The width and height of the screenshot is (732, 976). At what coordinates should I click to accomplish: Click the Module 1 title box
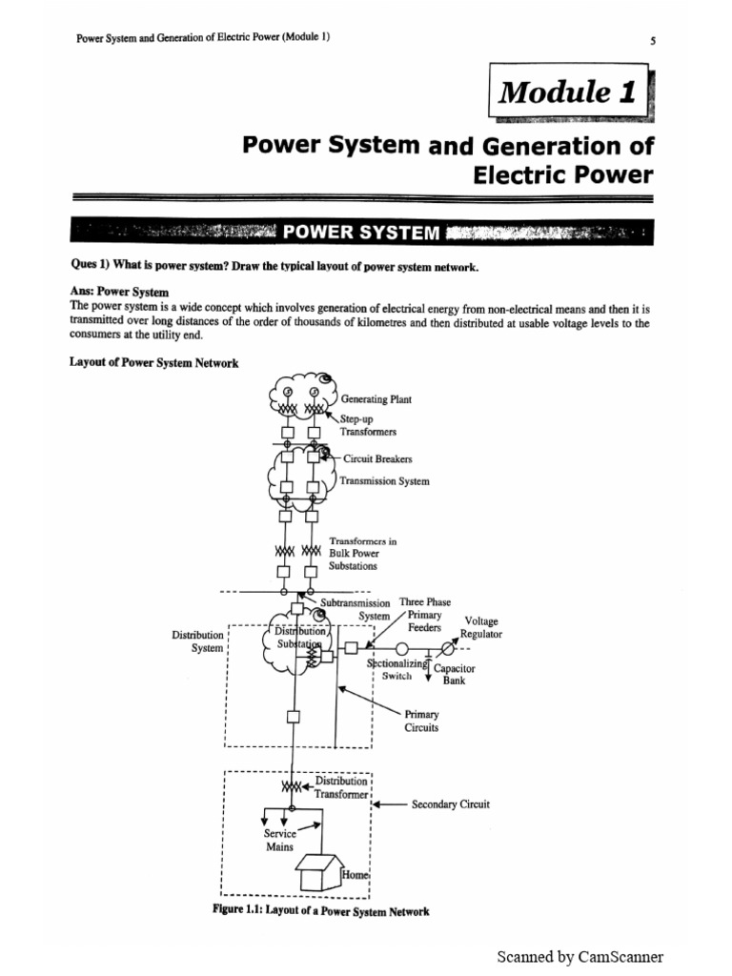tap(569, 92)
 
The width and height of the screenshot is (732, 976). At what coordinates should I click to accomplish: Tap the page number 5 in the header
tap(651, 40)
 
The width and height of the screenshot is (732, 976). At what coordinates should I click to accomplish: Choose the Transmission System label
tap(384, 481)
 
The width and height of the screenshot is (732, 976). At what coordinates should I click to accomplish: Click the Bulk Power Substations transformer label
tap(362, 553)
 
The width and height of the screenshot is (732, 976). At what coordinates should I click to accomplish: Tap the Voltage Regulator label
tap(480, 627)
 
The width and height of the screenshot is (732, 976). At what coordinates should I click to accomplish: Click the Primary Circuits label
tap(421, 720)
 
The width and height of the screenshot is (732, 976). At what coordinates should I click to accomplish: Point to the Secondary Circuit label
tap(450, 804)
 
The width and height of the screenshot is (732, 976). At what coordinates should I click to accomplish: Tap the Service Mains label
tap(279, 840)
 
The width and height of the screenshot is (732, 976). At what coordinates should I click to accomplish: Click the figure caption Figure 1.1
tap(320, 911)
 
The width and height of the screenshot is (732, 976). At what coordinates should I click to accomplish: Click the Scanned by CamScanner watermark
tap(579, 957)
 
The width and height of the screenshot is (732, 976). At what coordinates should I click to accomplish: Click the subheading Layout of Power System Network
tap(153, 363)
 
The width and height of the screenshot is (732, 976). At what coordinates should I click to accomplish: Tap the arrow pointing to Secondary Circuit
tap(388, 804)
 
